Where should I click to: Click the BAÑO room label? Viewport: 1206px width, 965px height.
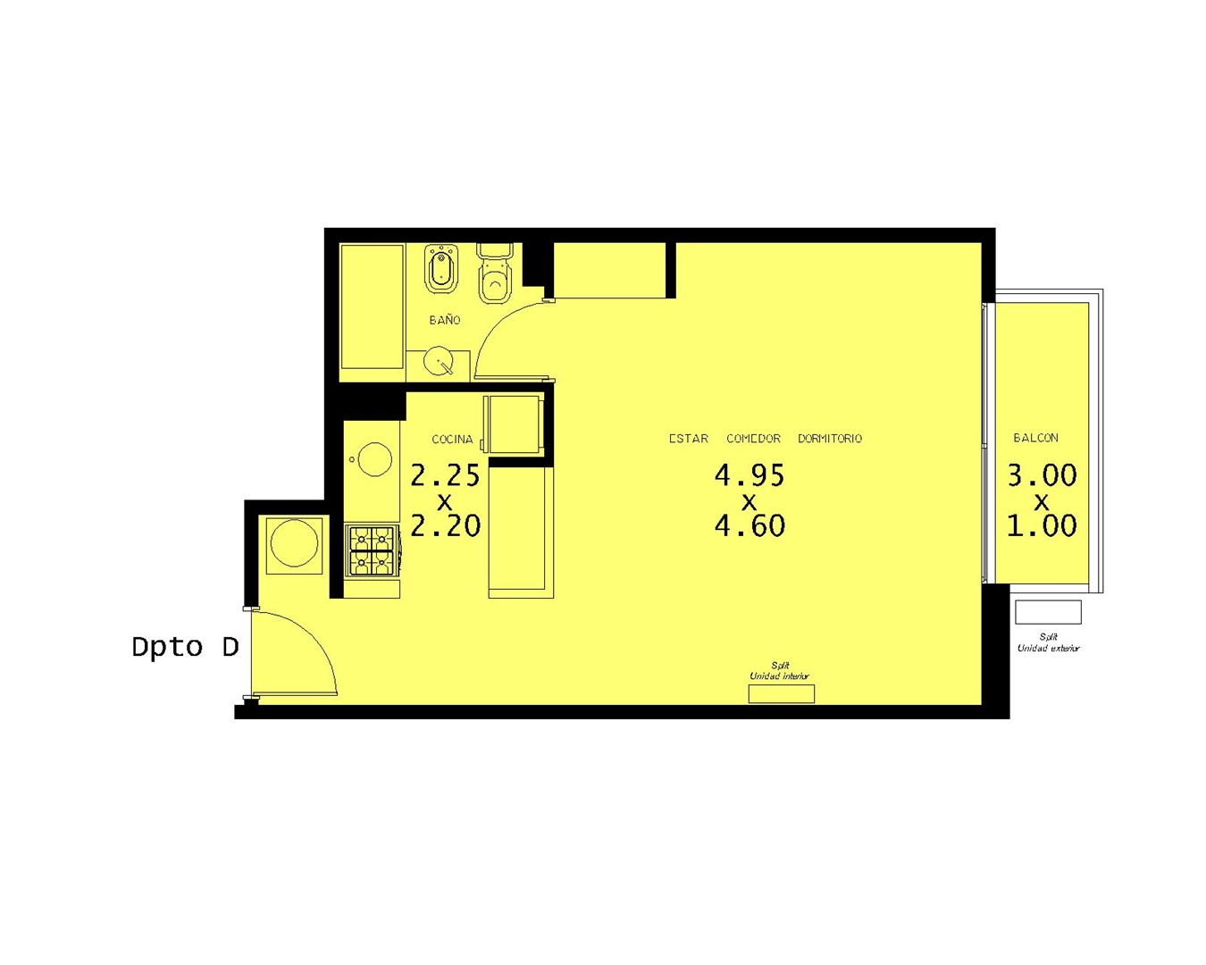click(x=444, y=320)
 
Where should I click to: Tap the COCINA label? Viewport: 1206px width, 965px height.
click(x=452, y=440)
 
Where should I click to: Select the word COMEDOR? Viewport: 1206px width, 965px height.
click(x=753, y=439)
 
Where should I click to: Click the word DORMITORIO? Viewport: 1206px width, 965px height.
click(x=829, y=439)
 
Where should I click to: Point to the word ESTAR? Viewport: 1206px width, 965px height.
click(x=689, y=439)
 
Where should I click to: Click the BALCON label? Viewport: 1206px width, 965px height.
click(x=1035, y=438)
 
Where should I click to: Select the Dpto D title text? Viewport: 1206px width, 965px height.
click(x=185, y=648)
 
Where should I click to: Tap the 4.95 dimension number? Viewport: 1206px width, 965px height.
click(x=750, y=475)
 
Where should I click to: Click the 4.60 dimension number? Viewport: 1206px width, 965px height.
click(x=750, y=526)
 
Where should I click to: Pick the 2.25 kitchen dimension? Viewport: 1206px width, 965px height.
click(x=446, y=475)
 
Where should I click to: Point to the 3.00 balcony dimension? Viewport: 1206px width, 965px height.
click(x=1042, y=475)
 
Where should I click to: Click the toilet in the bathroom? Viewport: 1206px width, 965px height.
click(x=494, y=273)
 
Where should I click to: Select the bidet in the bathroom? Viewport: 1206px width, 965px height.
click(x=441, y=269)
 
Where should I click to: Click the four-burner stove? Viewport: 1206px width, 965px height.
click(x=372, y=550)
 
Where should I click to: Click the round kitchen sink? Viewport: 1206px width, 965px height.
click(x=374, y=459)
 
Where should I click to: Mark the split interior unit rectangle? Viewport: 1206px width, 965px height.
click(x=781, y=693)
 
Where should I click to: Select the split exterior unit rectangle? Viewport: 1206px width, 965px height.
click(x=1048, y=612)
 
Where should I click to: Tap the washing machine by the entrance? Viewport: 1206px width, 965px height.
click(x=294, y=546)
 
